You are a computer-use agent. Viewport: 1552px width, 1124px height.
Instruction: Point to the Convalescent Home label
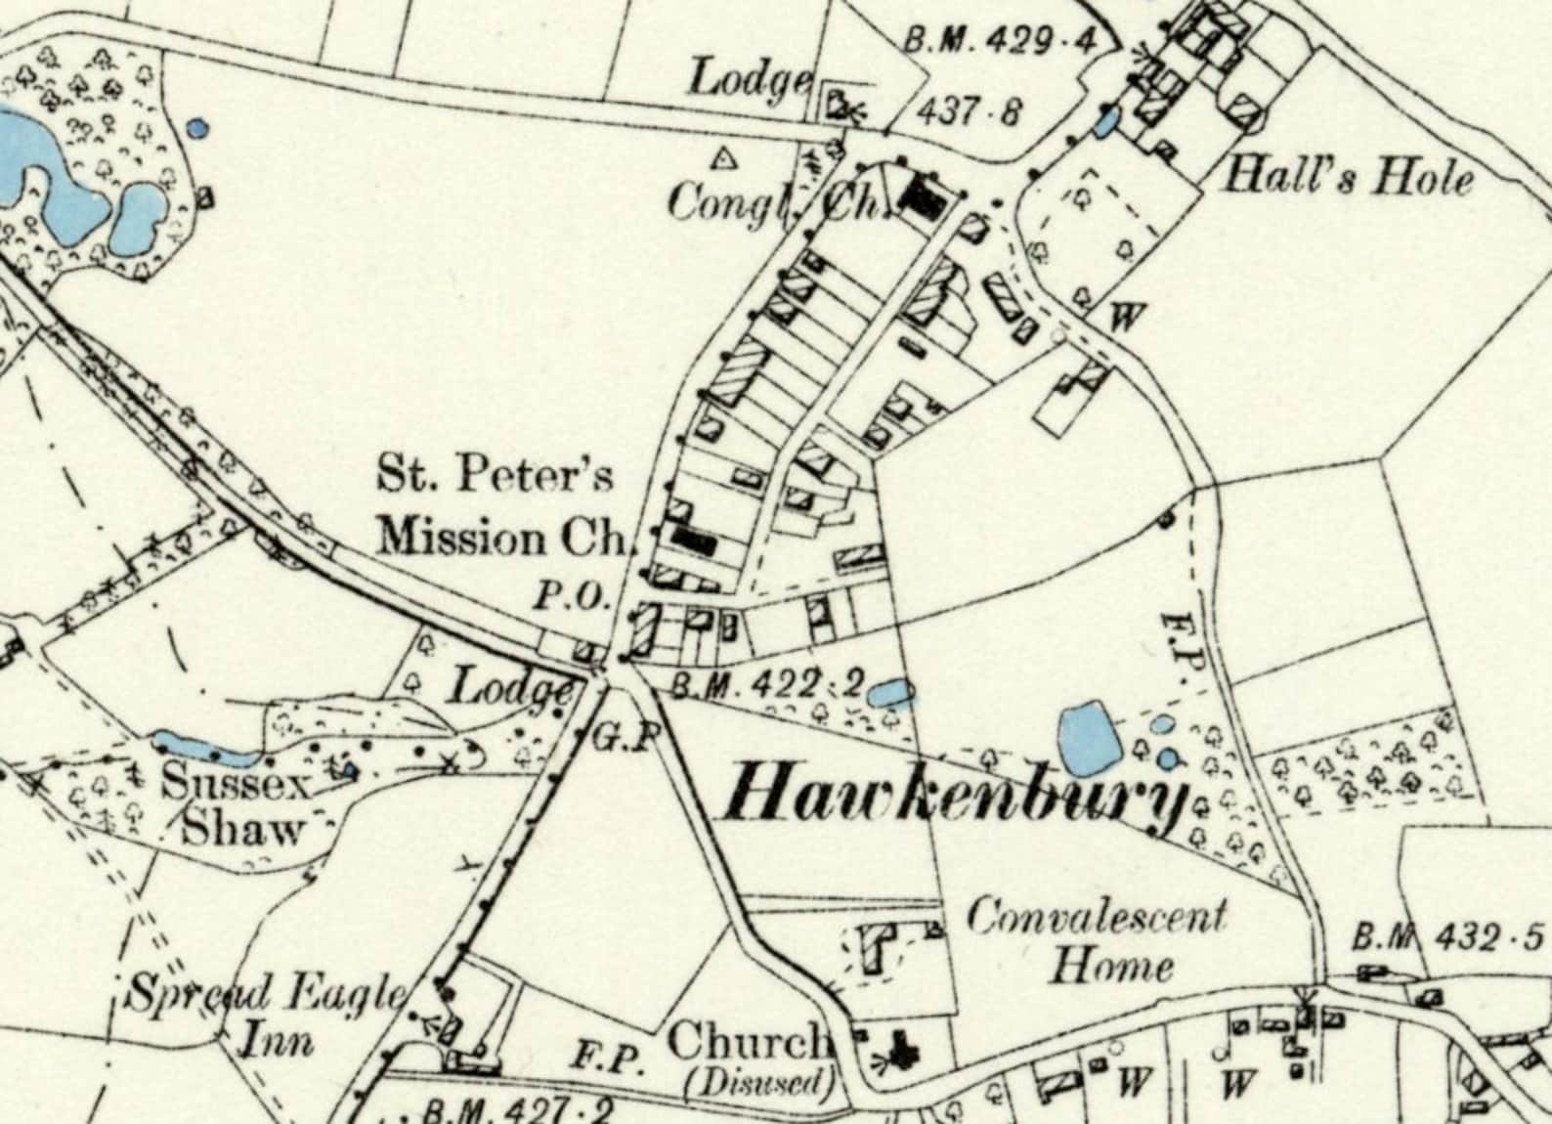pos(1097,941)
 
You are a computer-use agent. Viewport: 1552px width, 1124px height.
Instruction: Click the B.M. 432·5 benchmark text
pos(1446,938)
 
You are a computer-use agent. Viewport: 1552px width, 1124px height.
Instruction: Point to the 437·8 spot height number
pos(968,111)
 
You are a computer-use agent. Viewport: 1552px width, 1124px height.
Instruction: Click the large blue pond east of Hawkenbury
pos(1090,735)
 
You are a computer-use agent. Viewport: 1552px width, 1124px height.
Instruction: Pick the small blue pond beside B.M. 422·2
pos(889,694)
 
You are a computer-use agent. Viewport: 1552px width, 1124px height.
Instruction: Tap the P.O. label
pos(572,596)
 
